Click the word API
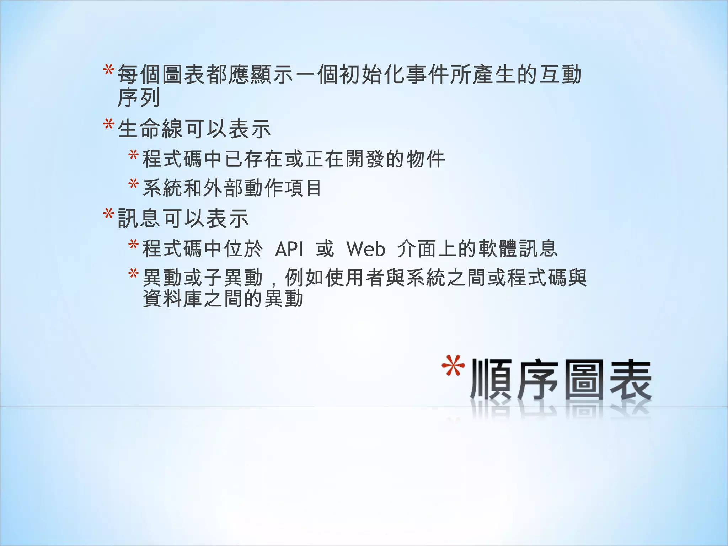click(x=289, y=248)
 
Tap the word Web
click(x=366, y=248)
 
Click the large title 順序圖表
click(x=561, y=380)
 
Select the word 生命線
click(x=151, y=129)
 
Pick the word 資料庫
click(x=173, y=299)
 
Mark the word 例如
click(x=304, y=278)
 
